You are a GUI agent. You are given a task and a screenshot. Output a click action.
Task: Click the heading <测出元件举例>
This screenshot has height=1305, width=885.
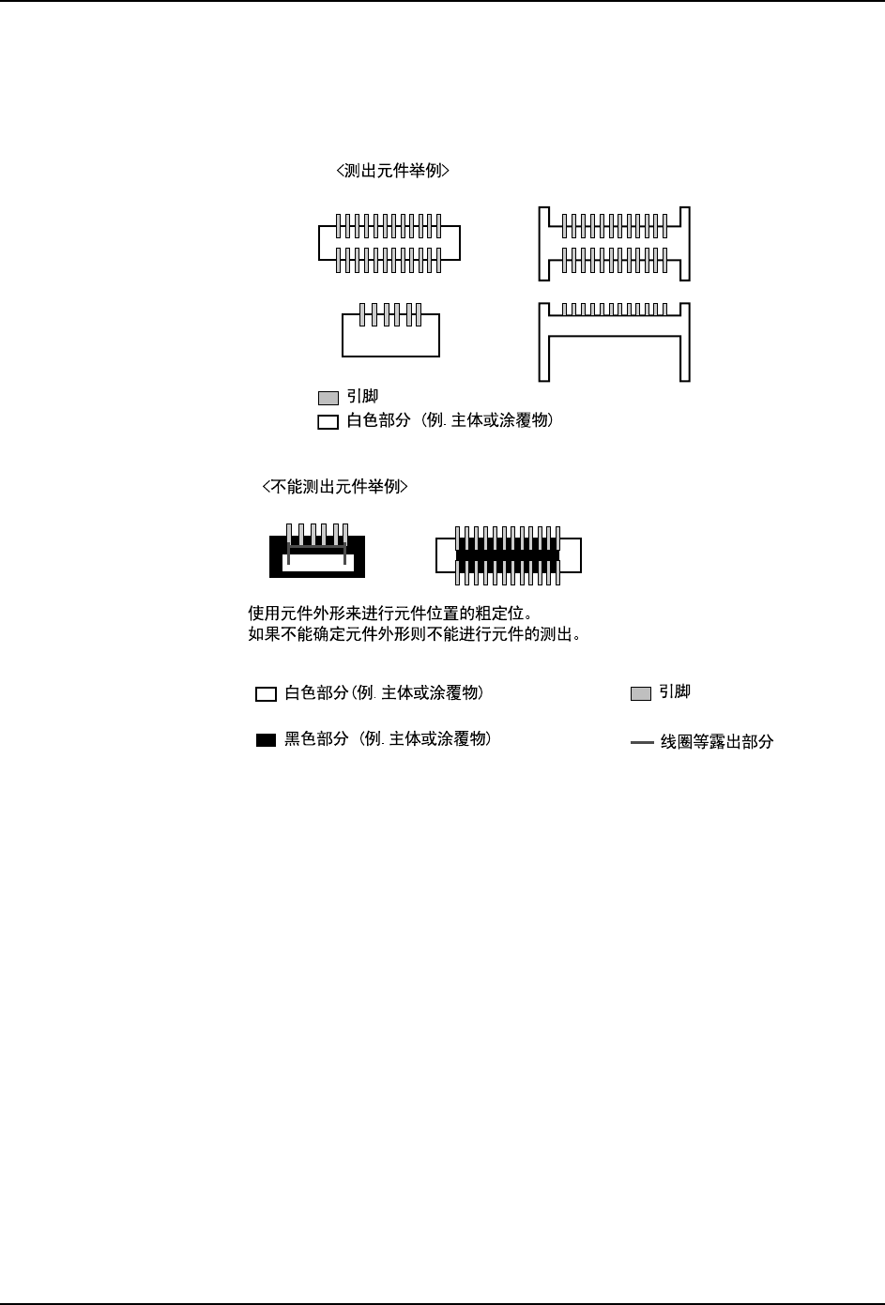[392, 171]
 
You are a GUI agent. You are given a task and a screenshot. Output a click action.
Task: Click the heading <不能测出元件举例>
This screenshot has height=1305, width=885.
[334, 487]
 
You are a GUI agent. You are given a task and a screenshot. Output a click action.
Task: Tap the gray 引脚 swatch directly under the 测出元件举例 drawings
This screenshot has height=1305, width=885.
[328, 398]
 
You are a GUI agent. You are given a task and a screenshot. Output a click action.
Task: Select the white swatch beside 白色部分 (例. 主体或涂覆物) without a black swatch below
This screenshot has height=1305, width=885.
[328, 422]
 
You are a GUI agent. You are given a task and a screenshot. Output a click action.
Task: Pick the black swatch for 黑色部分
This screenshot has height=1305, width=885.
[266, 740]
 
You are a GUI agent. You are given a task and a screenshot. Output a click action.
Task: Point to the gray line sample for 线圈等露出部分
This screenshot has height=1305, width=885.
[642, 742]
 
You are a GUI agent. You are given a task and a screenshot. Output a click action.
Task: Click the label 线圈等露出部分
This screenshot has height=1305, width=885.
[717, 742]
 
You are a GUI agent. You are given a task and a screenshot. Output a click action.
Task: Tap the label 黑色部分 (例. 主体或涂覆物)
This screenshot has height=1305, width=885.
[388, 739]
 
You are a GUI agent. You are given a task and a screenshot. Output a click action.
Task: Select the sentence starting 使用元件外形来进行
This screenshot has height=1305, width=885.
[390, 614]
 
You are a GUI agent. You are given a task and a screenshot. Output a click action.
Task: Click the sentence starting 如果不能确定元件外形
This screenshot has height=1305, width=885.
[415, 634]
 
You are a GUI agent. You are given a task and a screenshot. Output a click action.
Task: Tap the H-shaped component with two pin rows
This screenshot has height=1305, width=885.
[615, 243]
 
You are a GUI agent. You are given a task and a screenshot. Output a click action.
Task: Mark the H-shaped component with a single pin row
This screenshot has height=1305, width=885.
[615, 341]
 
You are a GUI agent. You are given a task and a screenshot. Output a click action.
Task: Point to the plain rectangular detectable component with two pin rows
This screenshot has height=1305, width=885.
[389, 243]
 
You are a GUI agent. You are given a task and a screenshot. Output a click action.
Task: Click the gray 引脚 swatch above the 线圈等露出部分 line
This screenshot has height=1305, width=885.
[640, 694]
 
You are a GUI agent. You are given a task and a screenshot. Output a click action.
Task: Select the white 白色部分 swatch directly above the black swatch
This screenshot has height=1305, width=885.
[266, 694]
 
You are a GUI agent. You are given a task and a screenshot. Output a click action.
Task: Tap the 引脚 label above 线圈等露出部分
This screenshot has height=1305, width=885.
[675, 692]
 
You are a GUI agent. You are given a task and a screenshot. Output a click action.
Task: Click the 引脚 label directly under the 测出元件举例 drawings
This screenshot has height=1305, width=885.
[362, 397]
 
